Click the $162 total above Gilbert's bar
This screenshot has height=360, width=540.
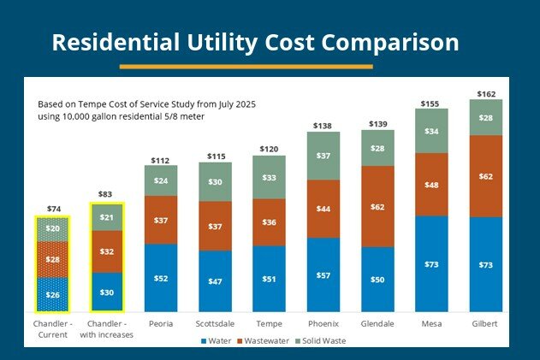pos(485,92)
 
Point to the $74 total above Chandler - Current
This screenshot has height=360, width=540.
pos(52,209)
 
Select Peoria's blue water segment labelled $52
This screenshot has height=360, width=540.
pos(161,278)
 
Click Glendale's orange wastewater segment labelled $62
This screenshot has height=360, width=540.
pos(377,206)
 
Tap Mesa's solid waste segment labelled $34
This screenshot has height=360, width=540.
pos(431,131)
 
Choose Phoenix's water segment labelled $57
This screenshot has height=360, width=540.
pos(323,275)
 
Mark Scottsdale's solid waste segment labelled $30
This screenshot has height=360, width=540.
pos(215,181)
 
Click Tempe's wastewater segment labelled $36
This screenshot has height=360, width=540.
pos(269,221)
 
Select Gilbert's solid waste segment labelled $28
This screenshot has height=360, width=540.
pos(485,117)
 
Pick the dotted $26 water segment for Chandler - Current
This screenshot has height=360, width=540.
pos(52,295)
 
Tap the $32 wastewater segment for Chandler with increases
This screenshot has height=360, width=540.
pos(106,251)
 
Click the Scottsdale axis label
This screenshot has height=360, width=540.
pos(215,325)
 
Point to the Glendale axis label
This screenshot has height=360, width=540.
pos(377,325)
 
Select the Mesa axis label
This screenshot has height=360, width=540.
pos(431,325)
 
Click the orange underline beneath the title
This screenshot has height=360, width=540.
pos(246,66)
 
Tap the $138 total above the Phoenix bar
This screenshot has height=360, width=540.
pos(323,126)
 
